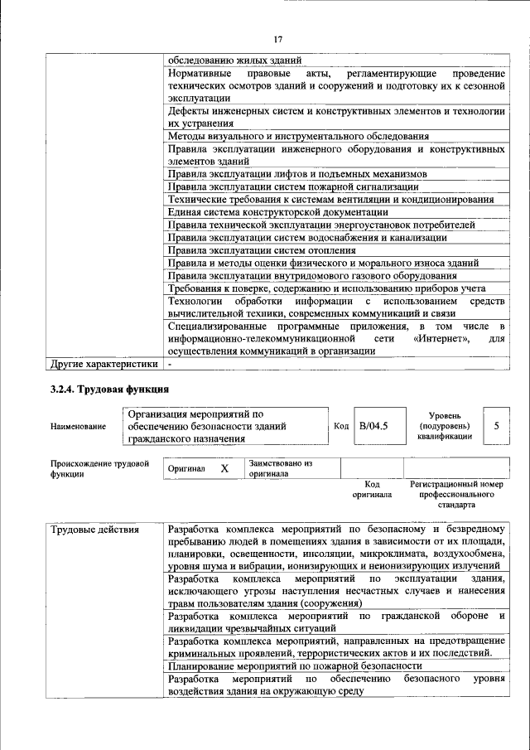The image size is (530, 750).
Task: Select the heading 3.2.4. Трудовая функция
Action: (x=109, y=389)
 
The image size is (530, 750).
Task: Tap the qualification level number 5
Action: (x=496, y=425)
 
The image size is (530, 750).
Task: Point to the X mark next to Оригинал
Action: (x=224, y=468)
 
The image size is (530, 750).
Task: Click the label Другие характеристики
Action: (x=104, y=363)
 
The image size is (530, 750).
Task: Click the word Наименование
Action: (x=78, y=426)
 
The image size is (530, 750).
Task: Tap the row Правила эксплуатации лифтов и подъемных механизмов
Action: (x=297, y=174)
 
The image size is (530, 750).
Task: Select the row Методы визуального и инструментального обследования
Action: (x=298, y=136)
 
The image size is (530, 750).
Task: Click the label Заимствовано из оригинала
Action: (x=280, y=469)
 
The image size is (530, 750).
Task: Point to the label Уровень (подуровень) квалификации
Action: (x=445, y=425)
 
